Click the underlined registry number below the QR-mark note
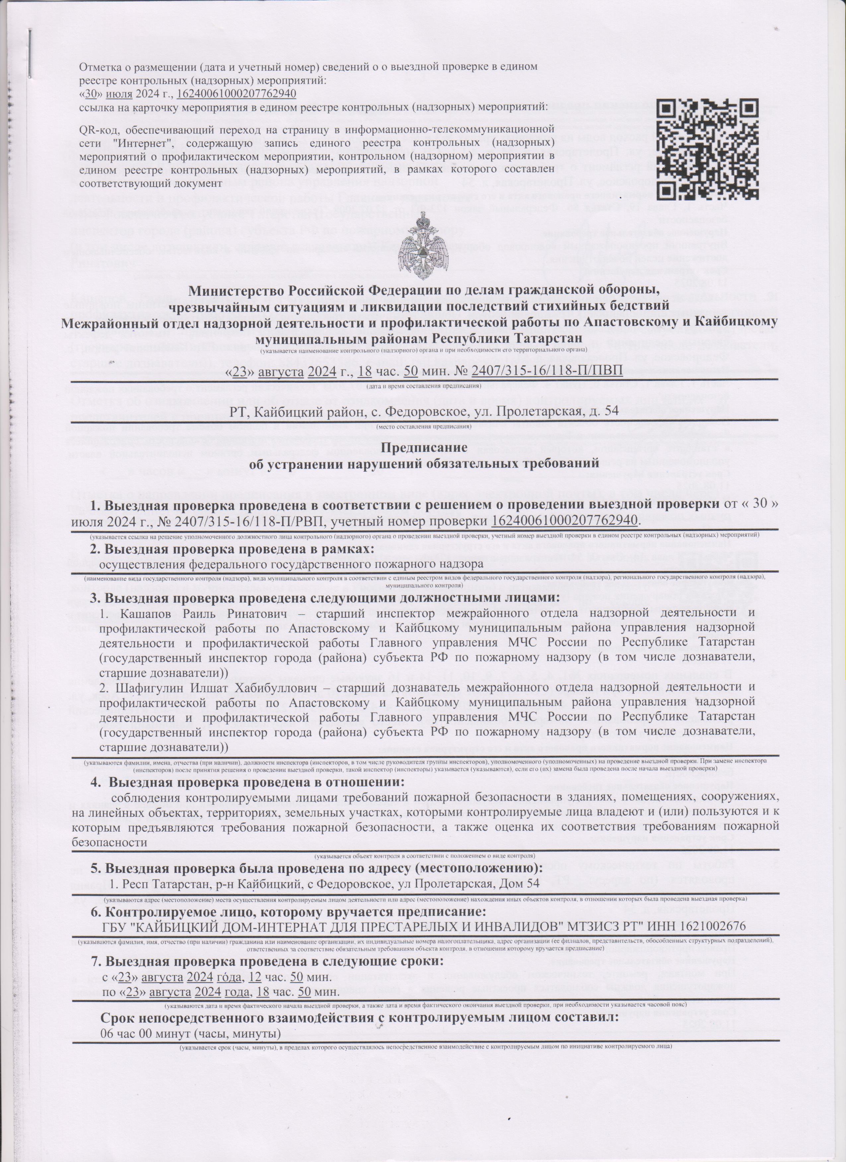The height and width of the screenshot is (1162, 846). pos(237,94)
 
